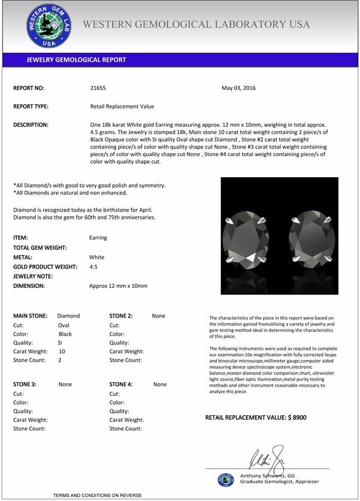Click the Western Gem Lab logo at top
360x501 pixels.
(x=49, y=26)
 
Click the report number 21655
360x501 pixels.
(x=98, y=88)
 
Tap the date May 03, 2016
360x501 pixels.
(x=239, y=88)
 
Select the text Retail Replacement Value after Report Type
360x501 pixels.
(x=122, y=106)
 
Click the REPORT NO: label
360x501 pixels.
(x=29, y=88)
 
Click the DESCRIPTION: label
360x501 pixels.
(x=31, y=125)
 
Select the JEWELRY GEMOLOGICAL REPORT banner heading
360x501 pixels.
(x=76, y=60)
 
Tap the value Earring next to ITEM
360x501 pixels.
(x=98, y=238)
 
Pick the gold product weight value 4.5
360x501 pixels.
(x=94, y=267)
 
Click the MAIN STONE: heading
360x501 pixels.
(x=30, y=316)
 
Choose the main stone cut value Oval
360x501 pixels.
(x=64, y=325)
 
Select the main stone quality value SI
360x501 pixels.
(x=60, y=343)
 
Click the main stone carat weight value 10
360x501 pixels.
(x=62, y=351)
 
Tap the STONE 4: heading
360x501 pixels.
(x=121, y=384)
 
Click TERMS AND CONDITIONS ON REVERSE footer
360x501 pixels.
(x=97, y=495)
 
